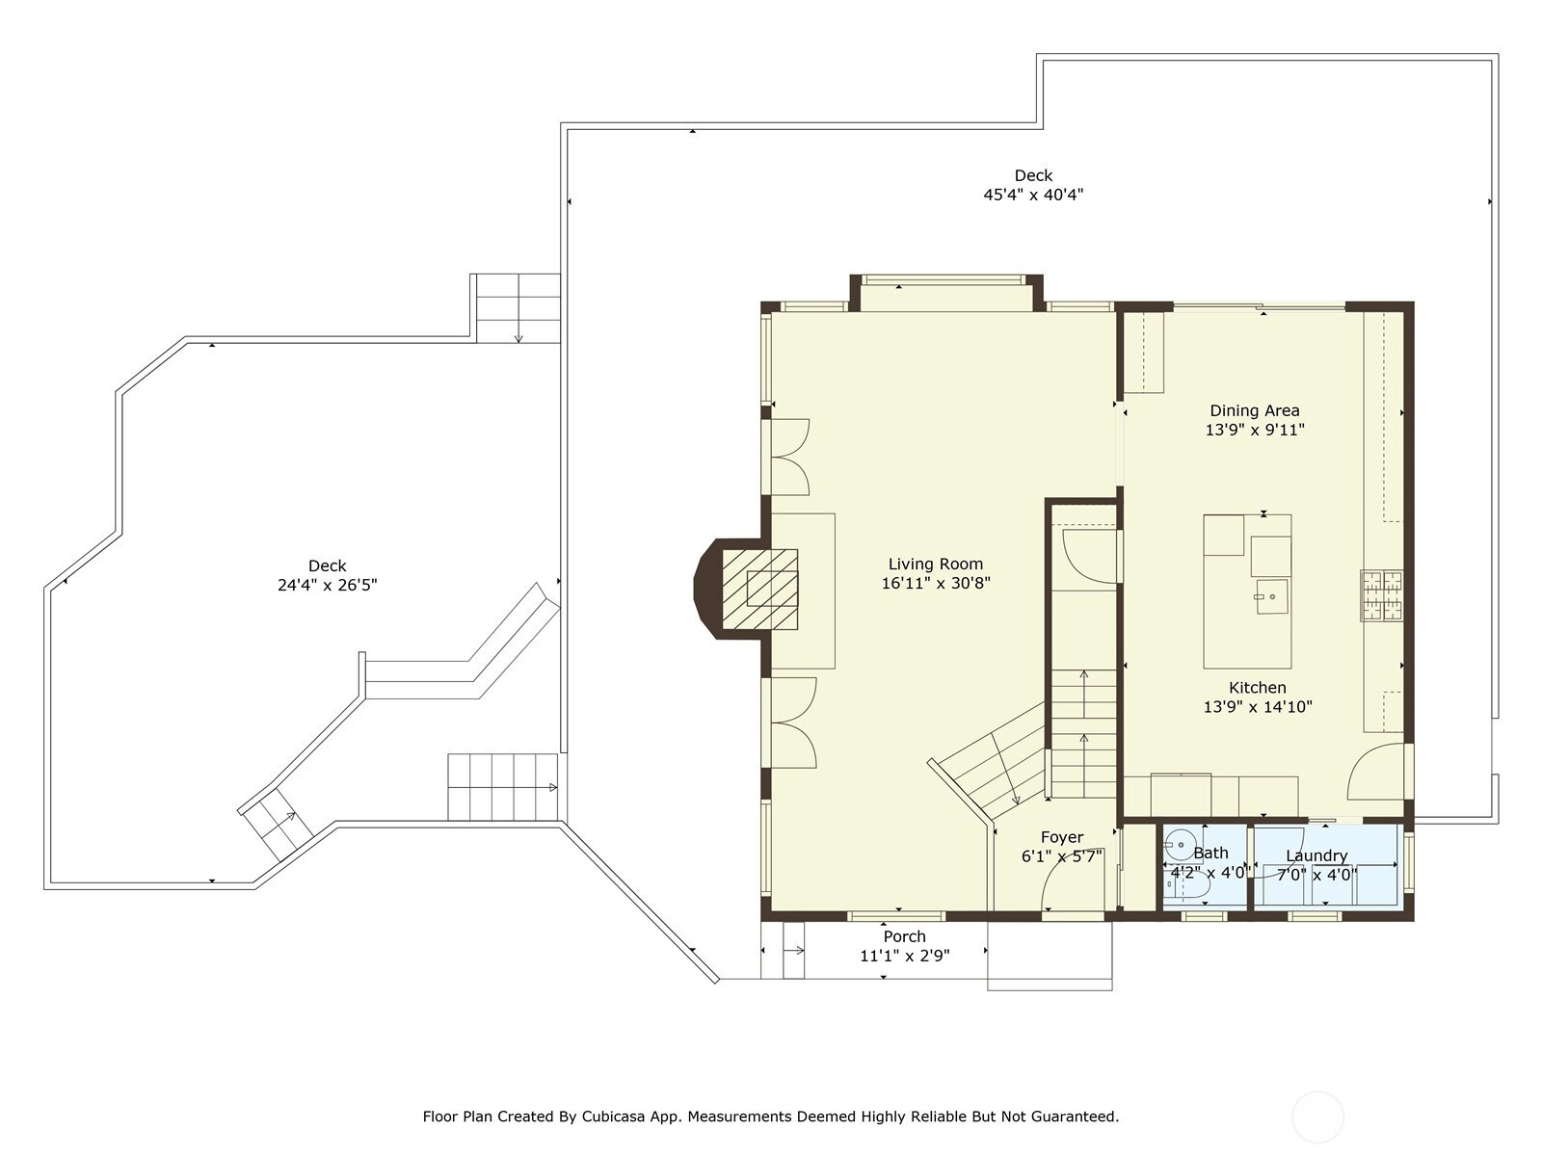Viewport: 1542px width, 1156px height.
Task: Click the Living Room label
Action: click(935, 564)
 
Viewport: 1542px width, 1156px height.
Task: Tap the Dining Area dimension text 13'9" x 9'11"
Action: click(1255, 430)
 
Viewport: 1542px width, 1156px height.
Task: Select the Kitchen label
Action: click(1258, 688)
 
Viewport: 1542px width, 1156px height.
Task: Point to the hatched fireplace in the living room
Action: click(760, 589)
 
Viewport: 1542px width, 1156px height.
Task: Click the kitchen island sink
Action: click(1271, 596)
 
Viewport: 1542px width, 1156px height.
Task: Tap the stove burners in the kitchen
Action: click(1383, 596)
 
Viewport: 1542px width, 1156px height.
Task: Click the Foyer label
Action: click(1061, 837)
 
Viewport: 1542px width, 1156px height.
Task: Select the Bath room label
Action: click(1211, 853)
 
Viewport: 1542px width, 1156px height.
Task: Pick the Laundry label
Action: click(1316, 855)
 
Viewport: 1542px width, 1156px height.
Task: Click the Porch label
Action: click(905, 936)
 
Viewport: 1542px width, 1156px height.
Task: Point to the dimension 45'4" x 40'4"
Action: click(1033, 195)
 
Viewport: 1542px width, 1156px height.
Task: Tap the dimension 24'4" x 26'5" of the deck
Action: click(328, 585)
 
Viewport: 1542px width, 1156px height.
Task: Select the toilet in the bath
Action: click(1187, 888)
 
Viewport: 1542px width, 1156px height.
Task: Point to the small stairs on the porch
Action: click(793, 951)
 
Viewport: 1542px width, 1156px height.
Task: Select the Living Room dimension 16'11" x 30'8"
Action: click(936, 583)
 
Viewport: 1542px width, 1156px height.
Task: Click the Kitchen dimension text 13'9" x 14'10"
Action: click(1258, 707)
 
